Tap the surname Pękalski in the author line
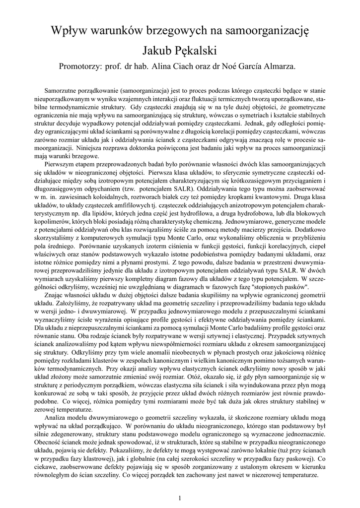coord(195,51)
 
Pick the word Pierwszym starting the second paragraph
coord(60,163)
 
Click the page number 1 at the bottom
coord(180,497)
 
